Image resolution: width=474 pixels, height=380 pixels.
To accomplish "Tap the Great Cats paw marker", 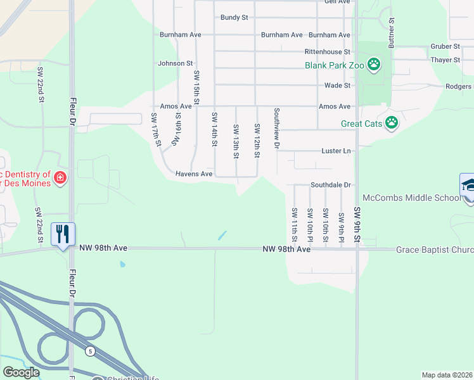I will pos(392,123).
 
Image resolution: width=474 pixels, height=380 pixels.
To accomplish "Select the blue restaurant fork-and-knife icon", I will pos(62,234).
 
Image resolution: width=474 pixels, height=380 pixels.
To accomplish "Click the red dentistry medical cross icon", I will pos(60,178).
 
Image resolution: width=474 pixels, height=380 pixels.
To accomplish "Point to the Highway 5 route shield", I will pos(91,350).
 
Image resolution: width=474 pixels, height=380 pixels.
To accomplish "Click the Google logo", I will pos(21,372).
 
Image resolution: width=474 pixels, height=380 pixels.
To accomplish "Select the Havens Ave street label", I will pos(194,174).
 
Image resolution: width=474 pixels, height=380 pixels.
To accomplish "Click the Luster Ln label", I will pos(337,151).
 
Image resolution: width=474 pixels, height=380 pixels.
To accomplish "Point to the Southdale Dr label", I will pos(331,185).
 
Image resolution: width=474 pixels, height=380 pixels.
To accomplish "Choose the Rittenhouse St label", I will pos(328,51).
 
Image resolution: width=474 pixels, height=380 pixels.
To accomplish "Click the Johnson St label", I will pos(176,63).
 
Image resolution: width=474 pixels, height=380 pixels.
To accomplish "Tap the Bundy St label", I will pos(234,18).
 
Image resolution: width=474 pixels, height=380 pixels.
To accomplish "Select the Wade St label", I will pos(338,85).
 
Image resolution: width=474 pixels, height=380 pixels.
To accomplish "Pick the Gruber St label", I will pos(445,46).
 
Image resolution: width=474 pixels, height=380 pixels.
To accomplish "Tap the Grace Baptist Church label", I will pos(435,250).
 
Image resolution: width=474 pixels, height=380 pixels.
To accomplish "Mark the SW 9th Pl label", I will pos(341,225).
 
